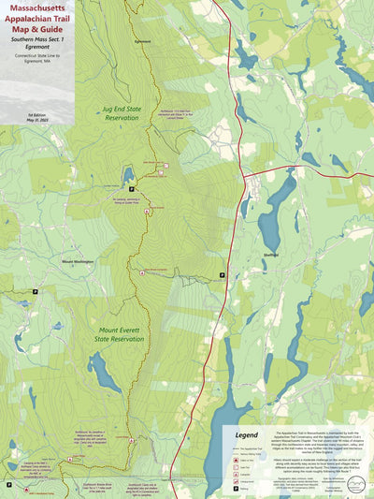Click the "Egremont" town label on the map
pyautogui.click(x=142, y=42)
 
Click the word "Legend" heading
pyautogui.click(x=247, y=435)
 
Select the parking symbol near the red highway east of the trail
pyautogui.click(x=222, y=274)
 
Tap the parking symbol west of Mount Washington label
pyautogui.click(x=36, y=292)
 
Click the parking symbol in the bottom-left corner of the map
pyautogui.click(x=9, y=485)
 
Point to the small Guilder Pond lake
pyautogui.click(x=128, y=176)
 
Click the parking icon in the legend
pyautogui.click(x=233, y=487)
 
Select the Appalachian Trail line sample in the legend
pyautogui.click(x=233, y=448)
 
